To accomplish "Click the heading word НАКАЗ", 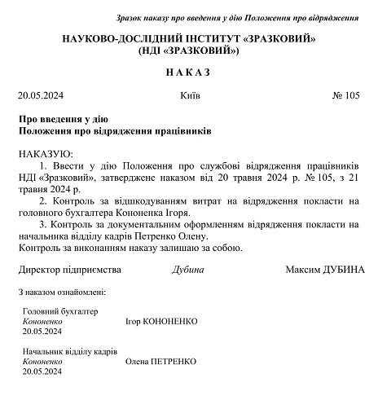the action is tap(188, 73).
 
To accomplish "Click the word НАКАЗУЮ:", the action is tap(45, 153).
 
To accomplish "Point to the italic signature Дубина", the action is tap(188, 270).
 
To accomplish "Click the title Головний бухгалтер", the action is tap(59, 311).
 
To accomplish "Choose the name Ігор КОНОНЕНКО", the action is tap(162, 321).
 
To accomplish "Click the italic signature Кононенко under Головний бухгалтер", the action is tap(42, 321).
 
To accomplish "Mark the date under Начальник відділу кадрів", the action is tap(42, 371).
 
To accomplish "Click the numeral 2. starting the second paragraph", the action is tap(43, 199).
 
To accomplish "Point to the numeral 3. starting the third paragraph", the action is tap(43, 222).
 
